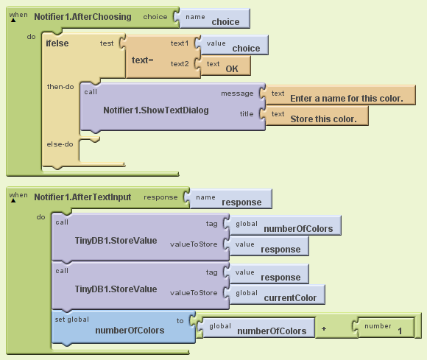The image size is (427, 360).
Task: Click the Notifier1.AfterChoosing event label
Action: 82,17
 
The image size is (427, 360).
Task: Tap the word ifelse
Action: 57,43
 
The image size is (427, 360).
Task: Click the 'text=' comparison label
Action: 142,60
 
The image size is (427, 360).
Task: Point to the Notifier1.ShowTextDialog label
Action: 156,110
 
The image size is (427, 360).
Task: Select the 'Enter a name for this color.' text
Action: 347,99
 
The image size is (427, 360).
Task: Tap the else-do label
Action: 60,144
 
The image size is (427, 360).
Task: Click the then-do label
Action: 60,87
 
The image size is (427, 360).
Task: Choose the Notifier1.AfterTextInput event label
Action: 82,197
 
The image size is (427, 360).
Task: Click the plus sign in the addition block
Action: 324,328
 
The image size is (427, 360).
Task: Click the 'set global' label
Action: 72,320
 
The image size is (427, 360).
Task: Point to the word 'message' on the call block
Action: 237,93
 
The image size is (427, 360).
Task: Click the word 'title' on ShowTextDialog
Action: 247,114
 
